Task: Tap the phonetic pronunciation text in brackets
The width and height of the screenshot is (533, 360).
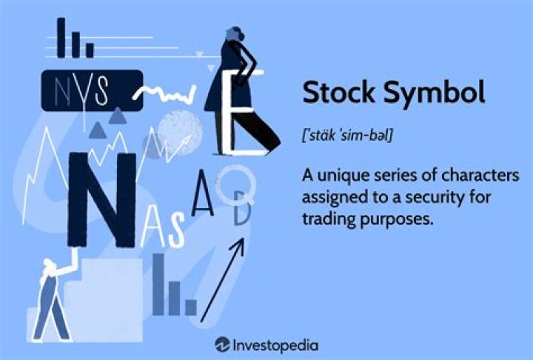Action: click(347, 136)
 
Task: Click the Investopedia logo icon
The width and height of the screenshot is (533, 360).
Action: click(221, 344)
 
